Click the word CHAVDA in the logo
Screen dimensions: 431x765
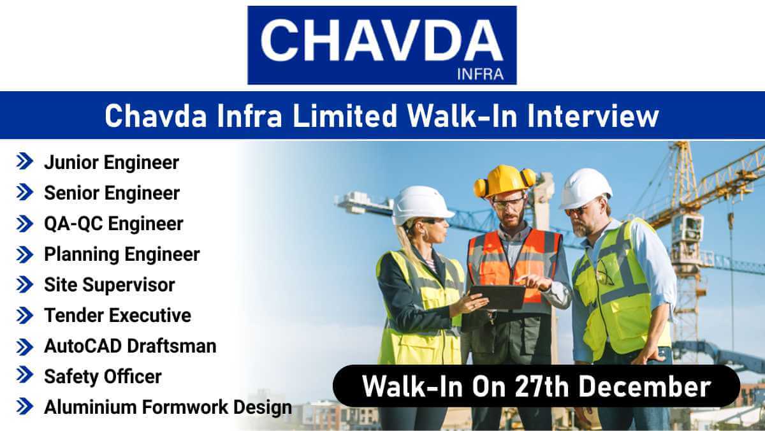[381, 40]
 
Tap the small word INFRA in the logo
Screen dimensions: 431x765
[479, 74]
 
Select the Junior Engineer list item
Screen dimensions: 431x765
[111, 163]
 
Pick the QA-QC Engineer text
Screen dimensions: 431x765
[113, 224]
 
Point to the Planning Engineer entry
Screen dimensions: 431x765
[122, 254]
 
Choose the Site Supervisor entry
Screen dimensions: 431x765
[109, 284]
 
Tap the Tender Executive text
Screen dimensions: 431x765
[117, 315]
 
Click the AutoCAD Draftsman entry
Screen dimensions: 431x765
[130, 346]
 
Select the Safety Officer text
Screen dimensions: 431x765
[103, 376]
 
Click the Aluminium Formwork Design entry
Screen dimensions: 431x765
[168, 407]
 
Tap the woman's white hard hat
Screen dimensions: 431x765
[421, 204]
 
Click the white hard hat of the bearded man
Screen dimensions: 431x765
[585, 187]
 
